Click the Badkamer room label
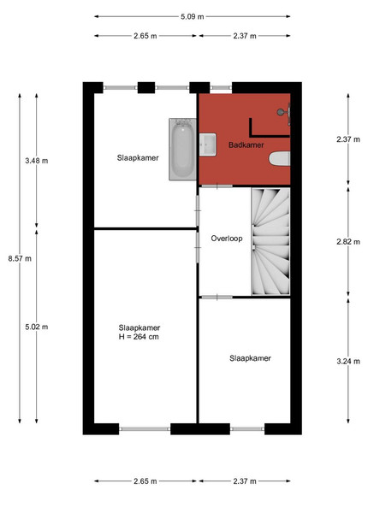point(246,145)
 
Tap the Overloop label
point(227,239)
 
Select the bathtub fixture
point(182,149)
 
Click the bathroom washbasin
point(208,144)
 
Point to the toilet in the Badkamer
point(279,159)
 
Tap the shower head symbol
point(284,113)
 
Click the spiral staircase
point(270,241)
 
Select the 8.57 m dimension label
point(20,258)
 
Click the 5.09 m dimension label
point(193,16)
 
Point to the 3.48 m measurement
point(37,161)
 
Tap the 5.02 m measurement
point(37,327)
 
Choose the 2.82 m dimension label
point(348,242)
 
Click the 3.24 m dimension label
point(348,361)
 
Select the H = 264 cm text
point(139,337)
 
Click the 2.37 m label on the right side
point(348,139)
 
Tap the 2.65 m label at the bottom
point(145,481)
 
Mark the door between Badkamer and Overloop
point(217,186)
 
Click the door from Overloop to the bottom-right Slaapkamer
point(217,297)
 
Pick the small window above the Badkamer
point(221,88)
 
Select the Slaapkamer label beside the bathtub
point(138,158)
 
